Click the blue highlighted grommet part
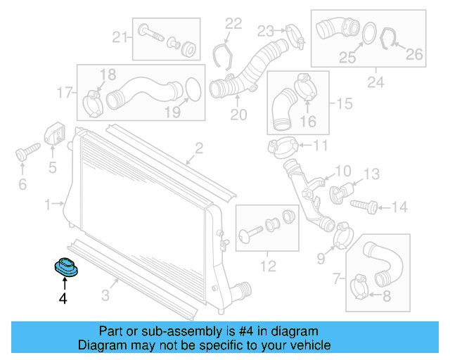(66, 268)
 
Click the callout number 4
(63, 299)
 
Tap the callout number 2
(199, 148)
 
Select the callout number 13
(371, 173)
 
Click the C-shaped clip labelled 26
(389, 39)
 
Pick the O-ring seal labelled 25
(367, 33)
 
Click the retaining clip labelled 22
(224, 56)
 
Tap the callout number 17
(65, 92)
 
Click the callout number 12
(268, 266)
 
